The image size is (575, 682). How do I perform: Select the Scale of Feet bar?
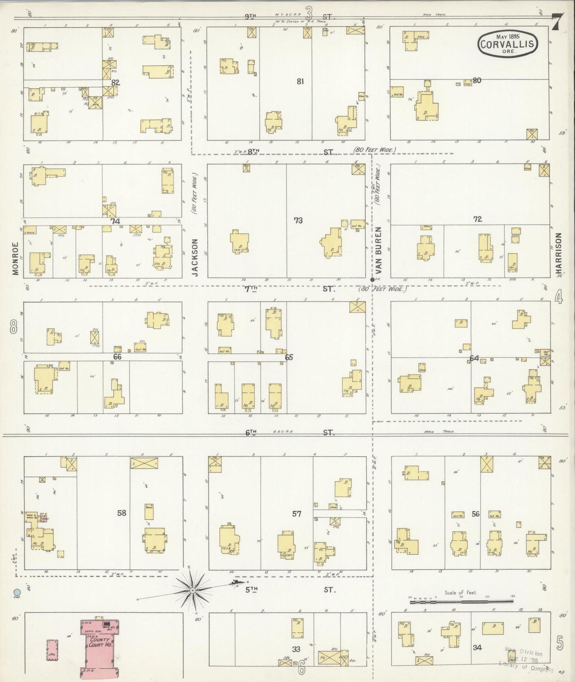tap(462, 602)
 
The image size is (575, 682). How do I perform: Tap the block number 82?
tap(115, 82)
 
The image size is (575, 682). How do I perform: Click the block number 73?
tap(298, 220)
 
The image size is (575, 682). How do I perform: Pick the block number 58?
tap(121, 513)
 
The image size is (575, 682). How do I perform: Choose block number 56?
tap(476, 514)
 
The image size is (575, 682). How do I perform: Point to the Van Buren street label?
tap(378, 246)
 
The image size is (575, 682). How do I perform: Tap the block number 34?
tap(477, 647)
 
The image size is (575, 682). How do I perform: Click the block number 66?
tap(117, 357)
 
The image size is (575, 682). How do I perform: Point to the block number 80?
tap(477, 80)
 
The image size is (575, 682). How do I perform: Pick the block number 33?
tap(296, 649)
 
